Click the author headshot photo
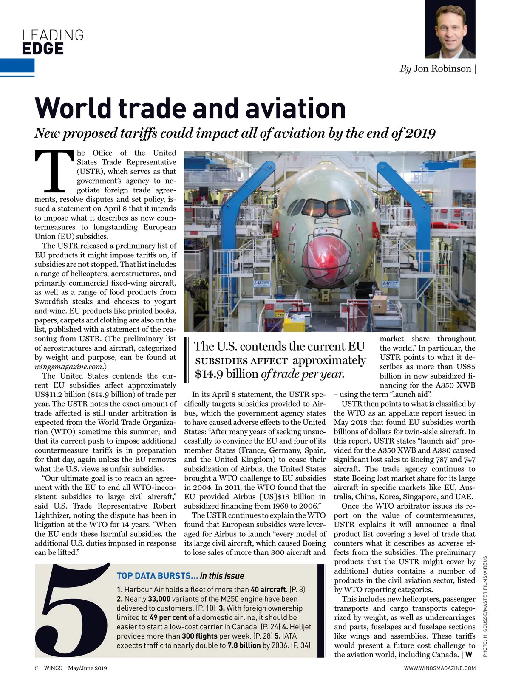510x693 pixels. pyautogui.click(x=450, y=29)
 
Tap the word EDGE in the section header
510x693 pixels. pyautogui.click(x=43, y=49)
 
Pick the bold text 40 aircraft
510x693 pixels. pyautogui.click(x=268, y=590)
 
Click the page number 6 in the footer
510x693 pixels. pyautogui.click(x=36, y=668)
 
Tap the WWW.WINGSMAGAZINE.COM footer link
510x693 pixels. pyautogui.click(x=439, y=668)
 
